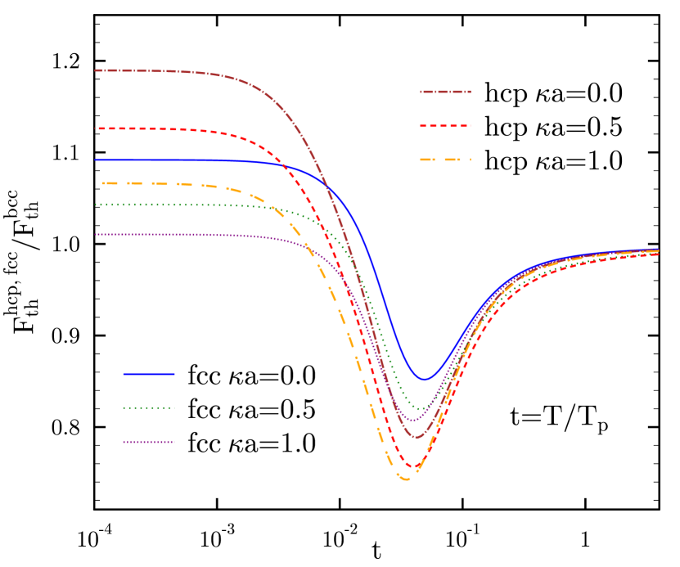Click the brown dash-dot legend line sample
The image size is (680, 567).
pyautogui.click(x=445, y=92)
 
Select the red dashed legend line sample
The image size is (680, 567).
pyautogui.click(x=445, y=126)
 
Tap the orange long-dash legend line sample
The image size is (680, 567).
pyautogui.click(x=445, y=160)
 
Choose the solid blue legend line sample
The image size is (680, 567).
pyautogui.click(x=148, y=374)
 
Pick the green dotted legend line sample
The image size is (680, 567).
pyautogui.click(x=148, y=407)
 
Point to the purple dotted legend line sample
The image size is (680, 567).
pyautogui.click(x=148, y=442)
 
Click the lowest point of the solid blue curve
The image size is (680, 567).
pyautogui.click(x=425, y=379)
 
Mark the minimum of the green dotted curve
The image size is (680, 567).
pyautogui.click(x=421, y=408)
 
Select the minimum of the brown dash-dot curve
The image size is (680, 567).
pyautogui.click(x=418, y=437)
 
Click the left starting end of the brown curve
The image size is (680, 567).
pyautogui.click(x=96, y=70)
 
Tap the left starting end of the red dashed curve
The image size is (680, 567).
pyautogui.click(x=98, y=128)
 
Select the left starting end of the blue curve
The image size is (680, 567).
pyautogui.click(x=96, y=160)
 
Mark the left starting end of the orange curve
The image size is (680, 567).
pyautogui.click(x=103, y=183)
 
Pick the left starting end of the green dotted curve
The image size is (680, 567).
pyautogui.click(x=96, y=205)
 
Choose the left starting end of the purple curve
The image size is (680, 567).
pyautogui.click(x=96, y=234)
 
